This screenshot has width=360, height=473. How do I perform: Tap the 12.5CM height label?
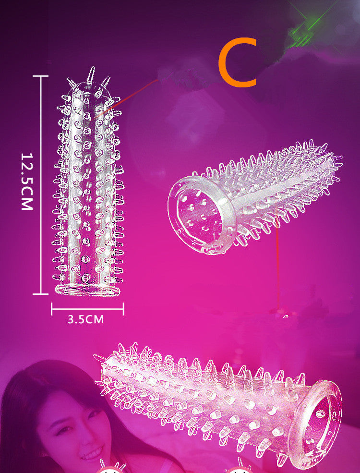pos(26,182)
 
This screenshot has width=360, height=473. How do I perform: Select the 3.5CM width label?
pos(85,319)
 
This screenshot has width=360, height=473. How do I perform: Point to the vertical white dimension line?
pos(41,184)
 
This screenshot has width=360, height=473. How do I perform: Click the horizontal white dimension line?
pos(87,309)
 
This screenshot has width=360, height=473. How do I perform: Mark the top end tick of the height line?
pos(41,76)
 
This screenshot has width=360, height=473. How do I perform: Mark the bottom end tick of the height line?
pos(41,293)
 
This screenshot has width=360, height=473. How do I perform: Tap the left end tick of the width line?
pos(51,309)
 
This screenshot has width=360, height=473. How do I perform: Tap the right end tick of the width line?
pos(123,309)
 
